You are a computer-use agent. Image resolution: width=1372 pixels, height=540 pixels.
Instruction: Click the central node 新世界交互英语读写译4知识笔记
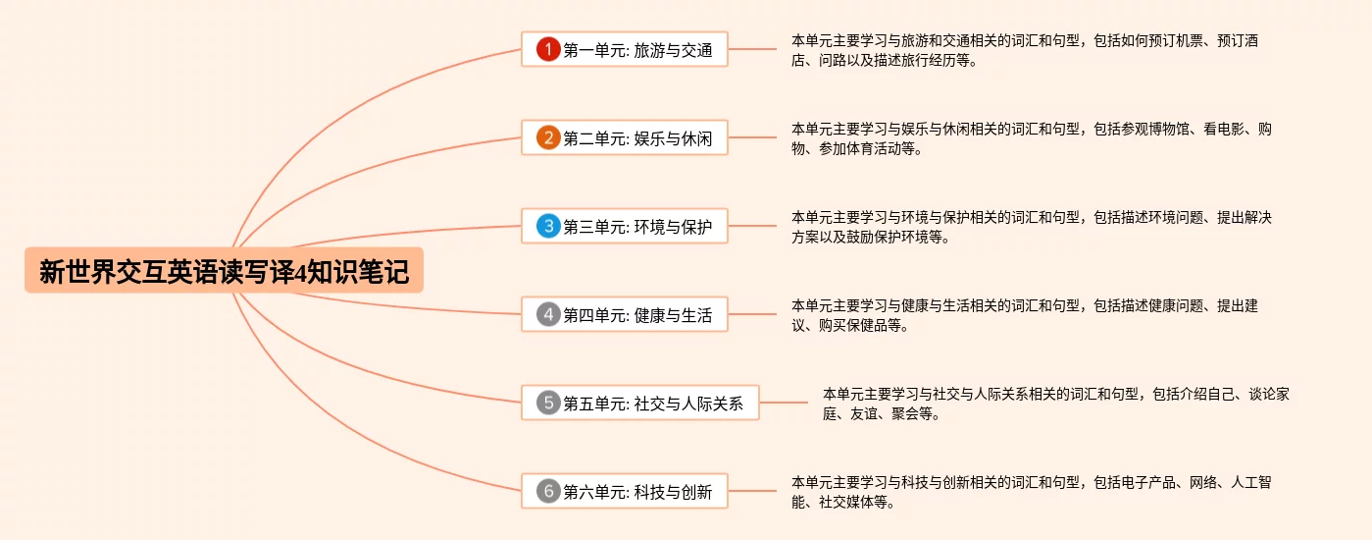click(x=224, y=271)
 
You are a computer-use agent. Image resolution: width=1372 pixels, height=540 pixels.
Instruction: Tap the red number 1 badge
click(x=548, y=49)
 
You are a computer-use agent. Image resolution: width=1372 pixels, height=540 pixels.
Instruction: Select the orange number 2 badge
click(x=548, y=138)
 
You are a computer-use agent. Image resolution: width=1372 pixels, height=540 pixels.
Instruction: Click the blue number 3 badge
click(x=548, y=227)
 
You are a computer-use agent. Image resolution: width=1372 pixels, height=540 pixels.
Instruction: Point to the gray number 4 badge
click(x=548, y=315)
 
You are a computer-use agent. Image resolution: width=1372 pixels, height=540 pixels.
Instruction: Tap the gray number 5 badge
click(x=548, y=403)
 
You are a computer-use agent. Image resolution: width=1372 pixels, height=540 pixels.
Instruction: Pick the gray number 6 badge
click(x=548, y=491)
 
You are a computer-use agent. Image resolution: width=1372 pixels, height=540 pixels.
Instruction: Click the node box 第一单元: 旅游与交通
click(x=625, y=49)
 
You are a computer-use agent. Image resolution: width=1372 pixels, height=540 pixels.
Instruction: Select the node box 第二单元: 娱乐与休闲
click(x=625, y=138)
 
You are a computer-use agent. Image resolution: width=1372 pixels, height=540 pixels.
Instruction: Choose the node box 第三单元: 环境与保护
click(x=625, y=227)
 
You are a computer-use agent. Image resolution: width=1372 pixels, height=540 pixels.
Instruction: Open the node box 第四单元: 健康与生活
click(x=625, y=315)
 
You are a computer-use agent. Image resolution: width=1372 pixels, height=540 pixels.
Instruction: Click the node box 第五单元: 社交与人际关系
click(x=640, y=403)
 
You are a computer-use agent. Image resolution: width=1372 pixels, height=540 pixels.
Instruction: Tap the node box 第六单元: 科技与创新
click(x=625, y=491)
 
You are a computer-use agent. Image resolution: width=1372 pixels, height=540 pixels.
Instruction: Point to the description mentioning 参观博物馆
click(x=1031, y=138)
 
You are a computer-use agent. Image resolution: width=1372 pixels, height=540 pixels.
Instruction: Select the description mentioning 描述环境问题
click(x=1031, y=227)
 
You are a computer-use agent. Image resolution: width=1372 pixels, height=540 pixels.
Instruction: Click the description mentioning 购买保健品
click(x=1024, y=315)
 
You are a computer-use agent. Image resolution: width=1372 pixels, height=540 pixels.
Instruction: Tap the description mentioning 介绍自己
click(x=1055, y=404)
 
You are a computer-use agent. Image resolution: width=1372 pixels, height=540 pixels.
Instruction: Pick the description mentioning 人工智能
click(x=1031, y=491)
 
